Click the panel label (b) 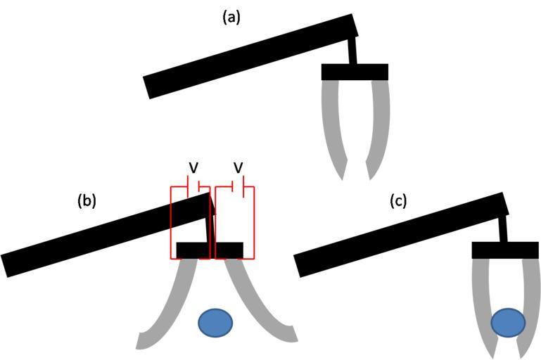(86, 201)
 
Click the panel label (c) (398, 201)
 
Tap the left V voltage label (193, 167)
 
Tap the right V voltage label (238, 167)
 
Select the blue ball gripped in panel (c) (507, 323)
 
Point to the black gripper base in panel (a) (355, 72)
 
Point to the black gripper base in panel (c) (505, 250)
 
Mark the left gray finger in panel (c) (483, 302)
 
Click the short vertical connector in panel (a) (352, 51)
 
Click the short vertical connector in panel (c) (504, 228)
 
